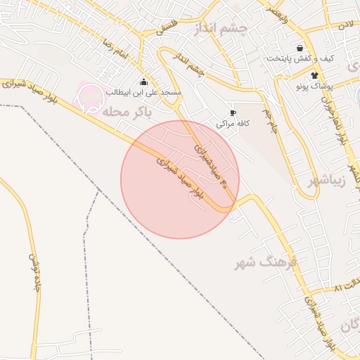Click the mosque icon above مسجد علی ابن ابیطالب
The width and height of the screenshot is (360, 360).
point(144,82)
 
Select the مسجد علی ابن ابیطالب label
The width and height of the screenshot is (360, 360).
point(144,93)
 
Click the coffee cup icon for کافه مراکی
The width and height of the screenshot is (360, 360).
point(233,112)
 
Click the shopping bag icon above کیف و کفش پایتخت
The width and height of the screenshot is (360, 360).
point(300,48)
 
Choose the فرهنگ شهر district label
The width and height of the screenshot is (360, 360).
point(269,263)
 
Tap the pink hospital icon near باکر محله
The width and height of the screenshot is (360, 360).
point(89,97)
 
